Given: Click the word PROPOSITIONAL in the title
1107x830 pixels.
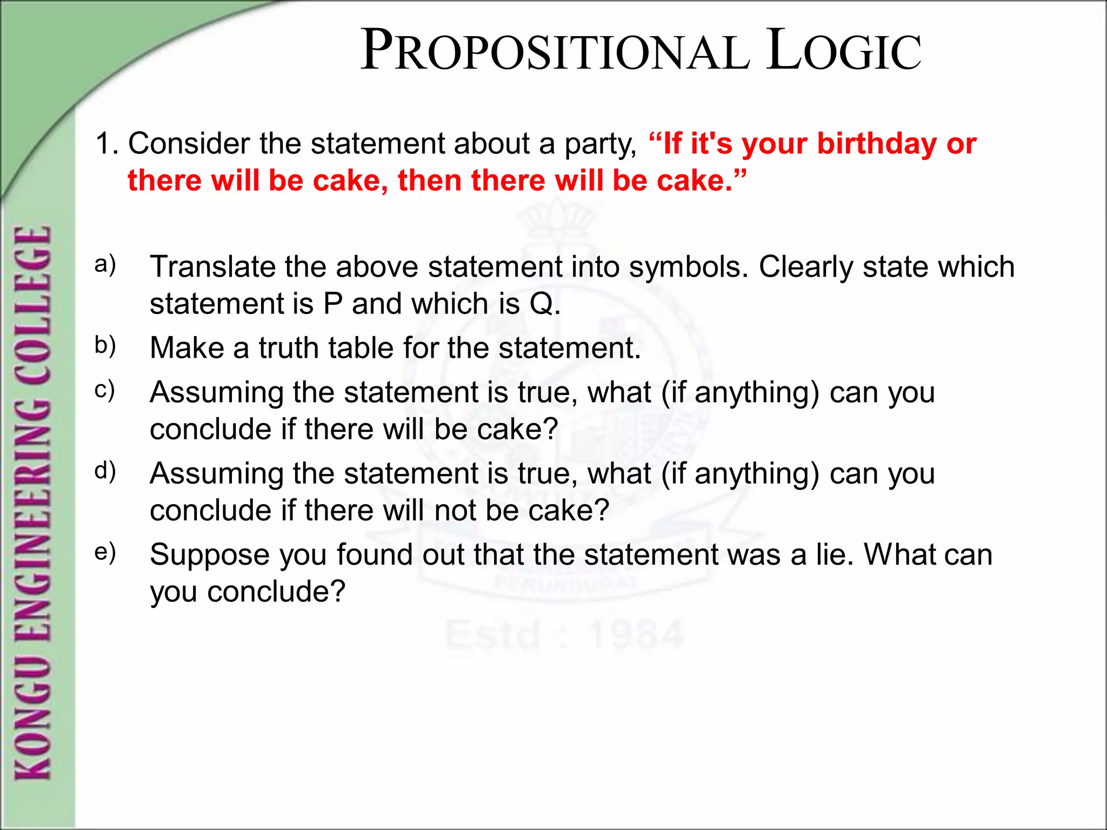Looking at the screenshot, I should tap(555, 51).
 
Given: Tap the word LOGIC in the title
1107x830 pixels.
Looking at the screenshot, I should tap(844, 51).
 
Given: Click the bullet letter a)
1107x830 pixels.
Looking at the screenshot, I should tap(105, 265).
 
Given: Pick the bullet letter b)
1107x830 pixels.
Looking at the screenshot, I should tap(105, 346).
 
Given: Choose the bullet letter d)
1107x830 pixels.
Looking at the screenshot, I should tap(105, 471).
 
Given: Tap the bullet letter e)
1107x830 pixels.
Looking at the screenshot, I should tap(105, 552).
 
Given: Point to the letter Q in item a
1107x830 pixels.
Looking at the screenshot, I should tap(541, 304).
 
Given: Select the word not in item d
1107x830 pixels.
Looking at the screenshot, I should tap(455, 510).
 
